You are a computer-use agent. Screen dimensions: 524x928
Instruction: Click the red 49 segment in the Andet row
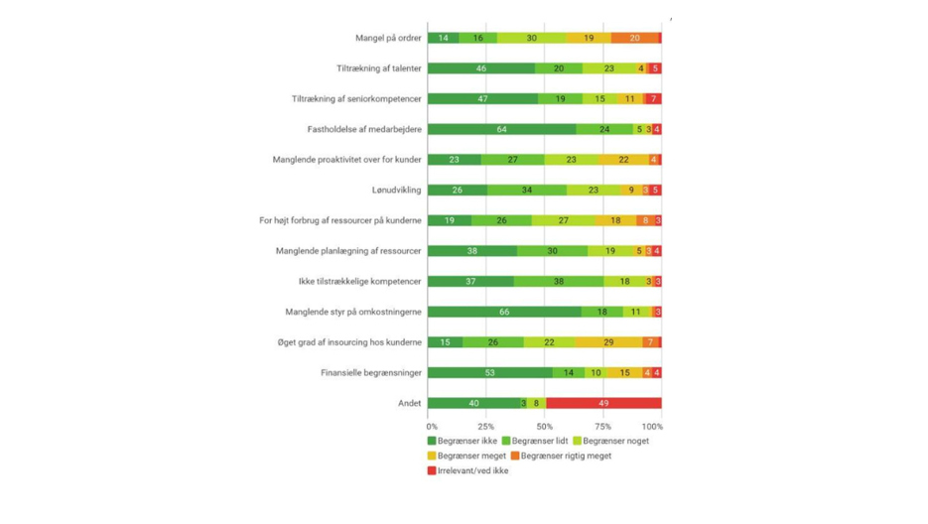tap(603, 403)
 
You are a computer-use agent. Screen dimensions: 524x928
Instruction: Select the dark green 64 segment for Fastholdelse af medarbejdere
tap(502, 129)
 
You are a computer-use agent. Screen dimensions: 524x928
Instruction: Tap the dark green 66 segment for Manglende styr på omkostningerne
tap(504, 312)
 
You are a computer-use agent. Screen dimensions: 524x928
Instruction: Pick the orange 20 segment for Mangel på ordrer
tap(634, 38)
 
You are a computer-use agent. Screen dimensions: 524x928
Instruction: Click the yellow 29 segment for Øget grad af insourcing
tap(607, 342)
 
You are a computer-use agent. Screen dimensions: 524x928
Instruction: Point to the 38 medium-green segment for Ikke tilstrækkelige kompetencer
tap(559, 282)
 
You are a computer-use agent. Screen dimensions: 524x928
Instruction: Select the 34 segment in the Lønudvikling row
tap(527, 190)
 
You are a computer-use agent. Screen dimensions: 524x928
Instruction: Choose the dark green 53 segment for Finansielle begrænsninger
tap(490, 373)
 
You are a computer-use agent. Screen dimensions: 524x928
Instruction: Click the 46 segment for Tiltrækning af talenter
tap(481, 68)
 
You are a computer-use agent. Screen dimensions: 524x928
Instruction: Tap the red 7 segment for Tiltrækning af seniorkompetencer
tap(653, 99)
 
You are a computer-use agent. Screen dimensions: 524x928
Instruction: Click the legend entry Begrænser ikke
tap(463, 441)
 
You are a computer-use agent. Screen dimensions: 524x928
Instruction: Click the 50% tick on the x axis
tap(545, 427)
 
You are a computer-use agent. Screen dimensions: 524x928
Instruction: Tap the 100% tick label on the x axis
tap(651, 427)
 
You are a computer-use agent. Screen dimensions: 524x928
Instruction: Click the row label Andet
tap(409, 403)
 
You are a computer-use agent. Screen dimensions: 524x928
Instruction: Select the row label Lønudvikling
tap(396, 190)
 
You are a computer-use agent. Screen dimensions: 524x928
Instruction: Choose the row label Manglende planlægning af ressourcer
tap(348, 251)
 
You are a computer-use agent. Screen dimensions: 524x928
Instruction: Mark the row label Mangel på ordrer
tap(388, 38)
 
